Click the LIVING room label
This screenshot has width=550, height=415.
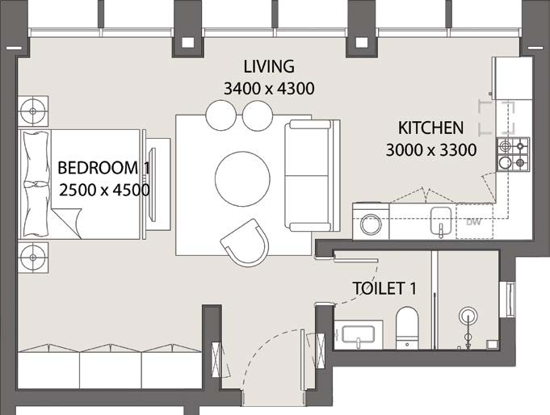pyautogui.click(x=270, y=66)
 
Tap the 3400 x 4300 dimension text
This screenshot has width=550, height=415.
pyautogui.click(x=270, y=87)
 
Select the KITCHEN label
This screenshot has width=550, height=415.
pyautogui.click(x=430, y=128)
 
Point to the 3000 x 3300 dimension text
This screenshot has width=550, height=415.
pyautogui.click(x=430, y=149)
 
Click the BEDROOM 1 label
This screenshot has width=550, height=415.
pyautogui.click(x=104, y=169)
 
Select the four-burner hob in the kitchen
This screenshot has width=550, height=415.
pyautogui.click(x=513, y=155)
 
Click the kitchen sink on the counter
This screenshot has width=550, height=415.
pyautogui.click(x=440, y=220)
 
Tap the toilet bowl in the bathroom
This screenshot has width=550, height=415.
pyautogui.click(x=407, y=326)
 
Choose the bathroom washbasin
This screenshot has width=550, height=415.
pyautogui.click(x=356, y=335)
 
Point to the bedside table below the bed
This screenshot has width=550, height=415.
pyautogui.click(x=34, y=252)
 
